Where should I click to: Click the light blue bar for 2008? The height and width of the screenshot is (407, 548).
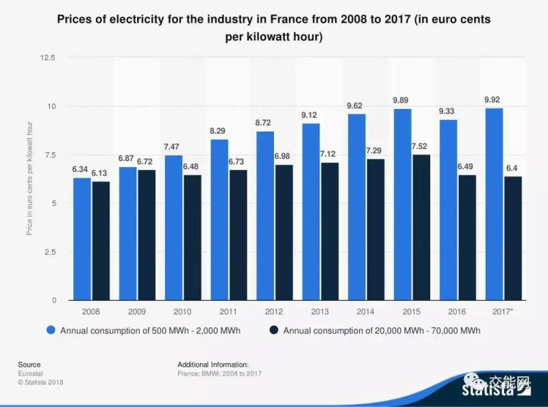pyautogui.click(x=82, y=239)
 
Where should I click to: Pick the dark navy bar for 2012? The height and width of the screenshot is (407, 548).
pyautogui.click(x=284, y=233)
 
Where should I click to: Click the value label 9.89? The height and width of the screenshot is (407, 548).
pyautogui.click(x=401, y=101)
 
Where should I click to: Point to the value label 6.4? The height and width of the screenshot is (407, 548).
pyautogui.click(x=513, y=168)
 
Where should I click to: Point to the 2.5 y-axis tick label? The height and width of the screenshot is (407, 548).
pyautogui.click(x=50, y=252)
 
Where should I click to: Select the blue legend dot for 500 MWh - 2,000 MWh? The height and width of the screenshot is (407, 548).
pyautogui.click(x=51, y=331)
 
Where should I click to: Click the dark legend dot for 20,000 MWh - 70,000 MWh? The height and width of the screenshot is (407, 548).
pyautogui.click(x=274, y=331)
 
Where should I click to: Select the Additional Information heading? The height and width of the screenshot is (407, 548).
pyautogui.click(x=213, y=365)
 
